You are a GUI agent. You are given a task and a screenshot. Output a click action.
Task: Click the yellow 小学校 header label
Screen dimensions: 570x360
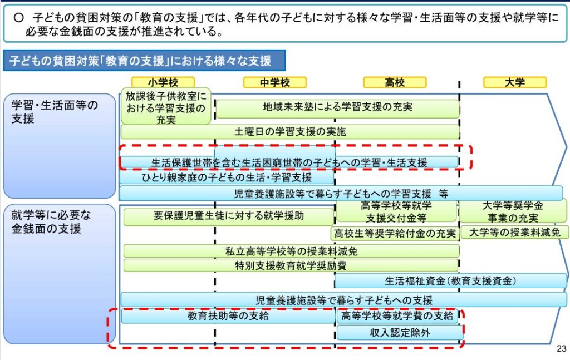pyautogui.click(x=163, y=82)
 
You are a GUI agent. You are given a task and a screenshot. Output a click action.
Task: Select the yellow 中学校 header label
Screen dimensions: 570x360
pyautogui.click(x=275, y=82)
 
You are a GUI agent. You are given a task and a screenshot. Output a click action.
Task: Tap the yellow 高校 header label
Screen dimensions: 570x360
pyautogui.click(x=395, y=82)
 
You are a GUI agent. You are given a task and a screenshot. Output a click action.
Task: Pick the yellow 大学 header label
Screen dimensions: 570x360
pyautogui.click(x=515, y=82)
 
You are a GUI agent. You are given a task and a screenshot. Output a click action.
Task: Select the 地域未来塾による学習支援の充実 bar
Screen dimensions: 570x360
pyautogui.click(x=338, y=109)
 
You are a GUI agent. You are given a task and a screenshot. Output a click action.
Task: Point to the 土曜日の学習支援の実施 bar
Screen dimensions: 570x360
pyautogui.click(x=289, y=131)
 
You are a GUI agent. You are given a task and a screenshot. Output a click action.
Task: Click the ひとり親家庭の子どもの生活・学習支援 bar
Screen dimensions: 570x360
pyautogui.click(x=227, y=177)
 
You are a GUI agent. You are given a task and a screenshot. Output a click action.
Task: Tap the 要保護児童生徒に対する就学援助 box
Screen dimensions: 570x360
pyautogui.click(x=229, y=216)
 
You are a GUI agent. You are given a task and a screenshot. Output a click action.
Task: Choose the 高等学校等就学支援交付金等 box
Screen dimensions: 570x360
pyautogui.click(x=396, y=212)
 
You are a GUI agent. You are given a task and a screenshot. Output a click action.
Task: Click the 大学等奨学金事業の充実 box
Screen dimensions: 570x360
pyautogui.click(x=513, y=212)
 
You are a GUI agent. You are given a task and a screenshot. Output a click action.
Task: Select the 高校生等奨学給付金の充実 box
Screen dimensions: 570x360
pyautogui.click(x=395, y=233)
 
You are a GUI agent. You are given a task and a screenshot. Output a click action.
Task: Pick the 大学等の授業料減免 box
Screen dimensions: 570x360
pyautogui.click(x=515, y=232)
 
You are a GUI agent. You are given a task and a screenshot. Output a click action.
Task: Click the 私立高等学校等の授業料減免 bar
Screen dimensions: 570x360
pyautogui.click(x=291, y=251)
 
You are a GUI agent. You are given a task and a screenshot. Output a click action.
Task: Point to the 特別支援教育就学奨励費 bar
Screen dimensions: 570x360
pyautogui.click(x=291, y=265)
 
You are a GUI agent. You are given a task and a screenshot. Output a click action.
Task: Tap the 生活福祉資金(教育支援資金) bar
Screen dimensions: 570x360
pyautogui.click(x=450, y=281)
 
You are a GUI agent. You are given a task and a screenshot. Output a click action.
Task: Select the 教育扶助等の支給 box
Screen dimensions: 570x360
pyautogui.click(x=228, y=316)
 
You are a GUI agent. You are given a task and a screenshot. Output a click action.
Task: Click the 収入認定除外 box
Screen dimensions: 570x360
pyautogui.click(x=400, y=332)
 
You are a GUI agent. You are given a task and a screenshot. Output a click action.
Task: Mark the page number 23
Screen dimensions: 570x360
pyautogui.click(x=561, y=349)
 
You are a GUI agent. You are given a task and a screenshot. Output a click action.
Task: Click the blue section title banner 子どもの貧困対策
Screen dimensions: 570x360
pyautogui.click(x=144, y=60)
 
